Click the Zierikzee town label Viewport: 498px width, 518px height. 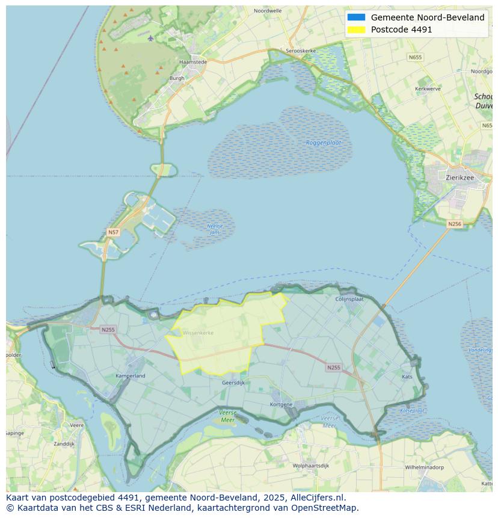[x=460, y=177]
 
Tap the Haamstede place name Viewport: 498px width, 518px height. [x=193, y=62]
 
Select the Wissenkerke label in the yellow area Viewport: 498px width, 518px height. [x=198, y=333]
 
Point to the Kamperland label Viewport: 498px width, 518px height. [x=131, y=376]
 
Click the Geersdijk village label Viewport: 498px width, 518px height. [x=233, y=383]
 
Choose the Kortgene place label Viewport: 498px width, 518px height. [x=281, y=404]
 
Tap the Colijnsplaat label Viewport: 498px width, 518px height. [x=349, y=298]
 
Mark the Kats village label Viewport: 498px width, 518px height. [x=407, y=377]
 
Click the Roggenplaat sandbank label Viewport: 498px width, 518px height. [x=324, y=143]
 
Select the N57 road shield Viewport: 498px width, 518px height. [x=113, y=232]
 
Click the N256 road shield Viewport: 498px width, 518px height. [x=455, y=224]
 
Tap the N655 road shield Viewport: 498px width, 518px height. [x=415, y=57]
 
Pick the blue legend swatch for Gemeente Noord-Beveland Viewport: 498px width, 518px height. [x=356, y=17]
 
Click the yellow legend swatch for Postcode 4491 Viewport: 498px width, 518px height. [x=356, y=29]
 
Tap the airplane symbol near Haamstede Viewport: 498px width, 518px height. [x=150, y=39]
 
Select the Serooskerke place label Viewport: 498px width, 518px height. [x=301, y=51]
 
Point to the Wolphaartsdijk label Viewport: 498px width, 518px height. [x=311, y=466]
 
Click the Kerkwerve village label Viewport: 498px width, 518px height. [x=428, y=89]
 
